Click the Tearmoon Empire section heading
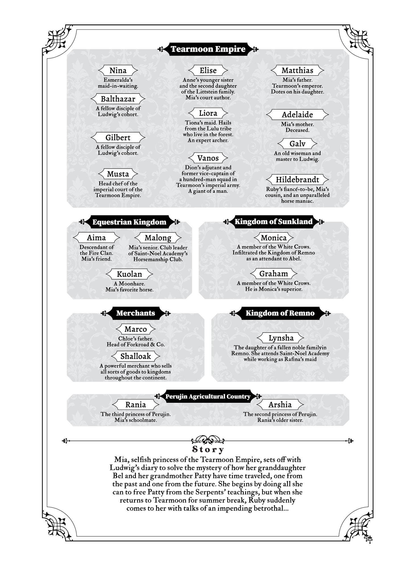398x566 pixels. coord(208,49)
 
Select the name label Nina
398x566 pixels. coord(118,71)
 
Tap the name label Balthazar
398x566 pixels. coord(118,99)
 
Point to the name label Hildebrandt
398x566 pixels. coord(297,180)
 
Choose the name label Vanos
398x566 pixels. coord(208,158)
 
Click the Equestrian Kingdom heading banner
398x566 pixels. coord(129,222)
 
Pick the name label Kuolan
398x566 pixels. coord(129,274)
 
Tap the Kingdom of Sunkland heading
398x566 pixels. coord(273,222)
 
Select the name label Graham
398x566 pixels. coord(273,274)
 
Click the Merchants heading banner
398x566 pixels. coord(136,313)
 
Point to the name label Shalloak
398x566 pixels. coord(136,356)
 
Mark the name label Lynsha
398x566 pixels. coord(281,338)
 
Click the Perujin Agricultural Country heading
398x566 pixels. coord(208,397)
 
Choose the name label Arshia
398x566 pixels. coord(280,405)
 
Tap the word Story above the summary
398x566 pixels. coord(208,449)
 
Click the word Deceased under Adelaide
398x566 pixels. coord(297,130)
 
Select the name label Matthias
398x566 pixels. coord(297,71)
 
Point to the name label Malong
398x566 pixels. coord(158,238)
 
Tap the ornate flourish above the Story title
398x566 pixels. coord(208,440)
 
